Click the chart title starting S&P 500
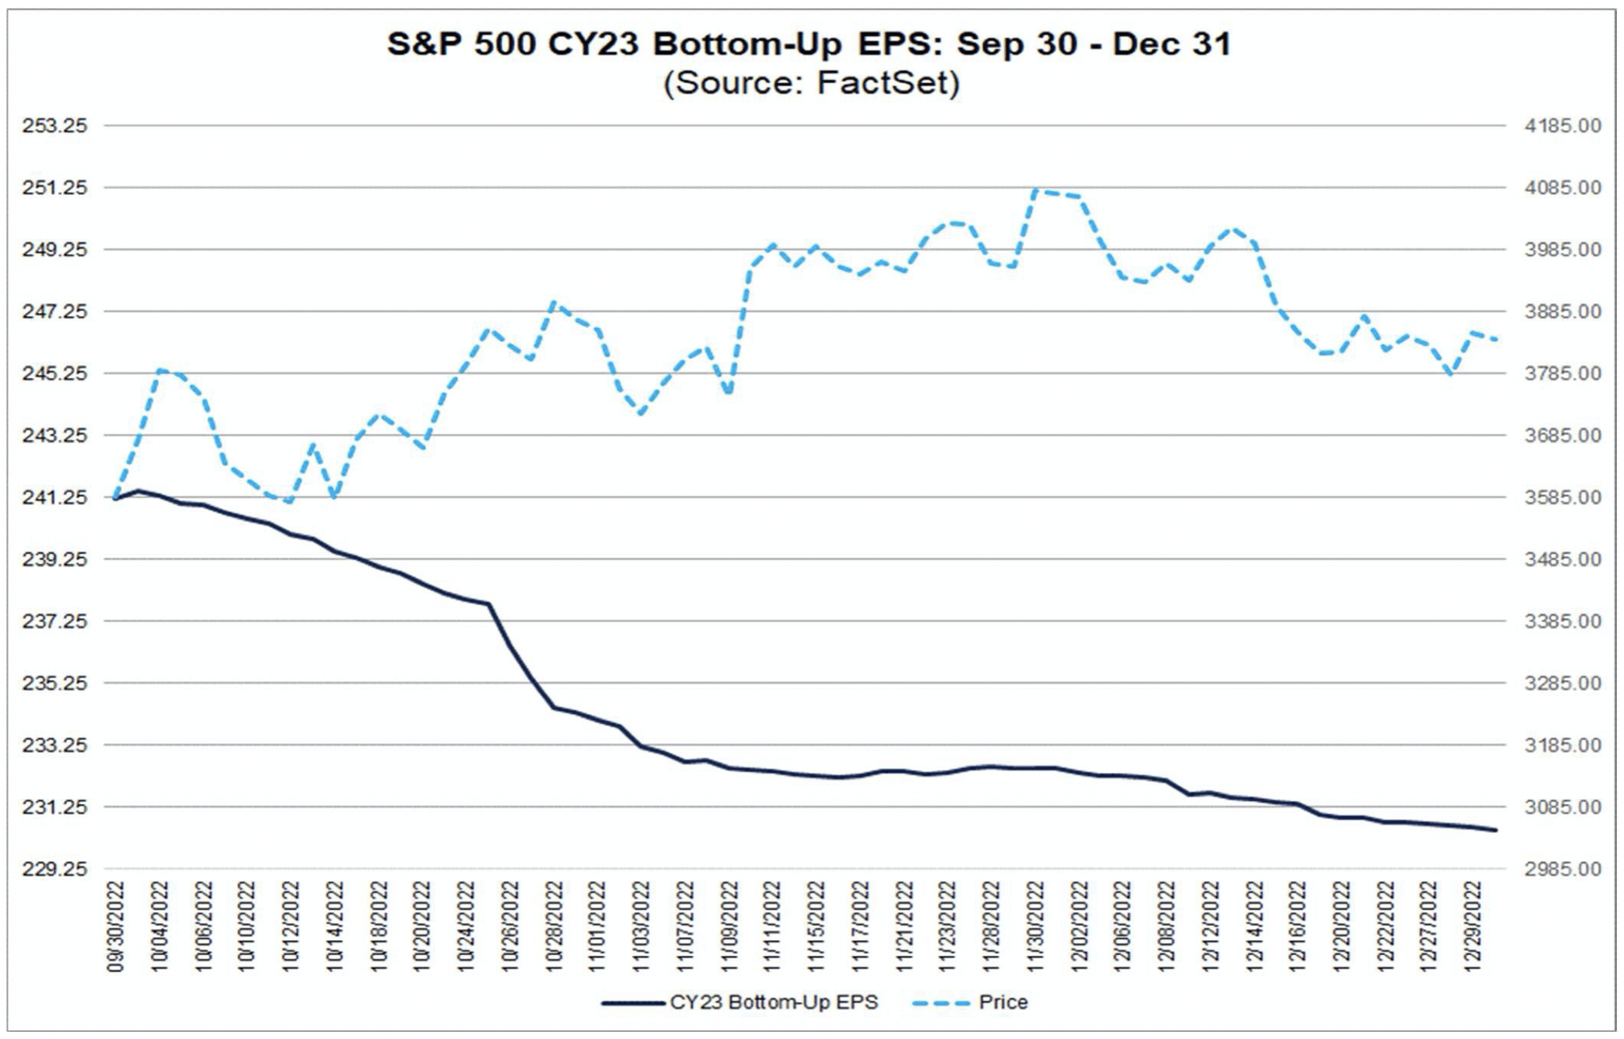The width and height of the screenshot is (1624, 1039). [808, 44]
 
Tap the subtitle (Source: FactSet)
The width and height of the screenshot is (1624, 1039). [812, 83]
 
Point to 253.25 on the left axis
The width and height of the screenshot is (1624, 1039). [55, 126]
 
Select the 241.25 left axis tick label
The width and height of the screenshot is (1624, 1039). [55, 497]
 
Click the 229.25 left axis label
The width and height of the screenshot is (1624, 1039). [55, 869]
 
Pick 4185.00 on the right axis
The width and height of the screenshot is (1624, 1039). [1563, 126]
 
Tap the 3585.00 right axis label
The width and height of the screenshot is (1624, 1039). [1563, 497]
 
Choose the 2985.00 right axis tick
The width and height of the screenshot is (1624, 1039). [1563, 869]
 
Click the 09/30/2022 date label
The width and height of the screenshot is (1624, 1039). [116, 926]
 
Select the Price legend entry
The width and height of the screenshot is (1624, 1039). [1003, 1002]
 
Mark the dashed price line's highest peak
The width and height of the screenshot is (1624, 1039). [1035, 191]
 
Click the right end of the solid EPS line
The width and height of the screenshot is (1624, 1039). [1495, 830]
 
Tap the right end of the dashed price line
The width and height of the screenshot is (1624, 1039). [1495, 340]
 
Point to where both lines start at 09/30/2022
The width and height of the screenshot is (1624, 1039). [117, 498]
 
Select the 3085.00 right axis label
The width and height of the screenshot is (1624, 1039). [1563, 807]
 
